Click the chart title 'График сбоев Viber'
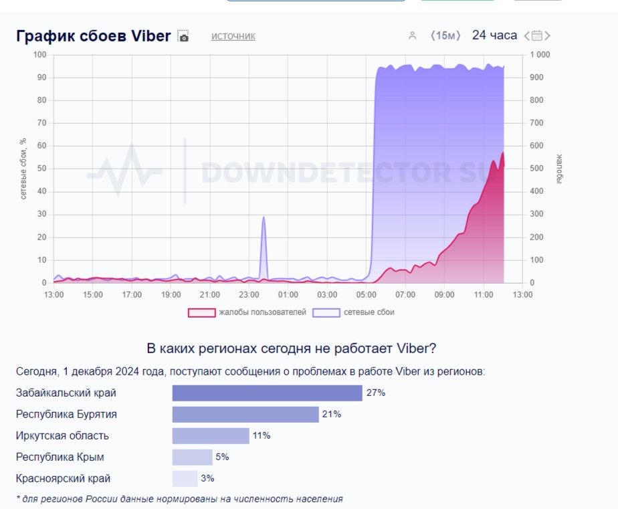click(x=93, y=36)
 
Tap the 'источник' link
click(x=233, y=36)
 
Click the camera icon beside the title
click(x=183, y=37)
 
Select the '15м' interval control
click(x=445, y=35)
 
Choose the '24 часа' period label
click(x=494, y=35)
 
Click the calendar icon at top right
click(x=538, y=36)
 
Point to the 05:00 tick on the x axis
click(x=367, y=294)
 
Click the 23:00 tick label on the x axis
click(x=249, y=294)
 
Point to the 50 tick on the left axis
click(x=41, y=169)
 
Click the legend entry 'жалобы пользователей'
click(x=247, y=312)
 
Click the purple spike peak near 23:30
click(x=264, y=218)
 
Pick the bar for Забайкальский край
click(x=267, y=393)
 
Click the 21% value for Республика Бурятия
click(x=332, y=414)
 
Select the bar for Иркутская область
click(x=211, y=435)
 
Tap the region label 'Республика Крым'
click(x=60, y=457)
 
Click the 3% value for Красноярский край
click(x=207, y=479)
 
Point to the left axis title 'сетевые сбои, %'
click(x=23, y=169)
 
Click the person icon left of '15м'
click(x=413, y=36)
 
